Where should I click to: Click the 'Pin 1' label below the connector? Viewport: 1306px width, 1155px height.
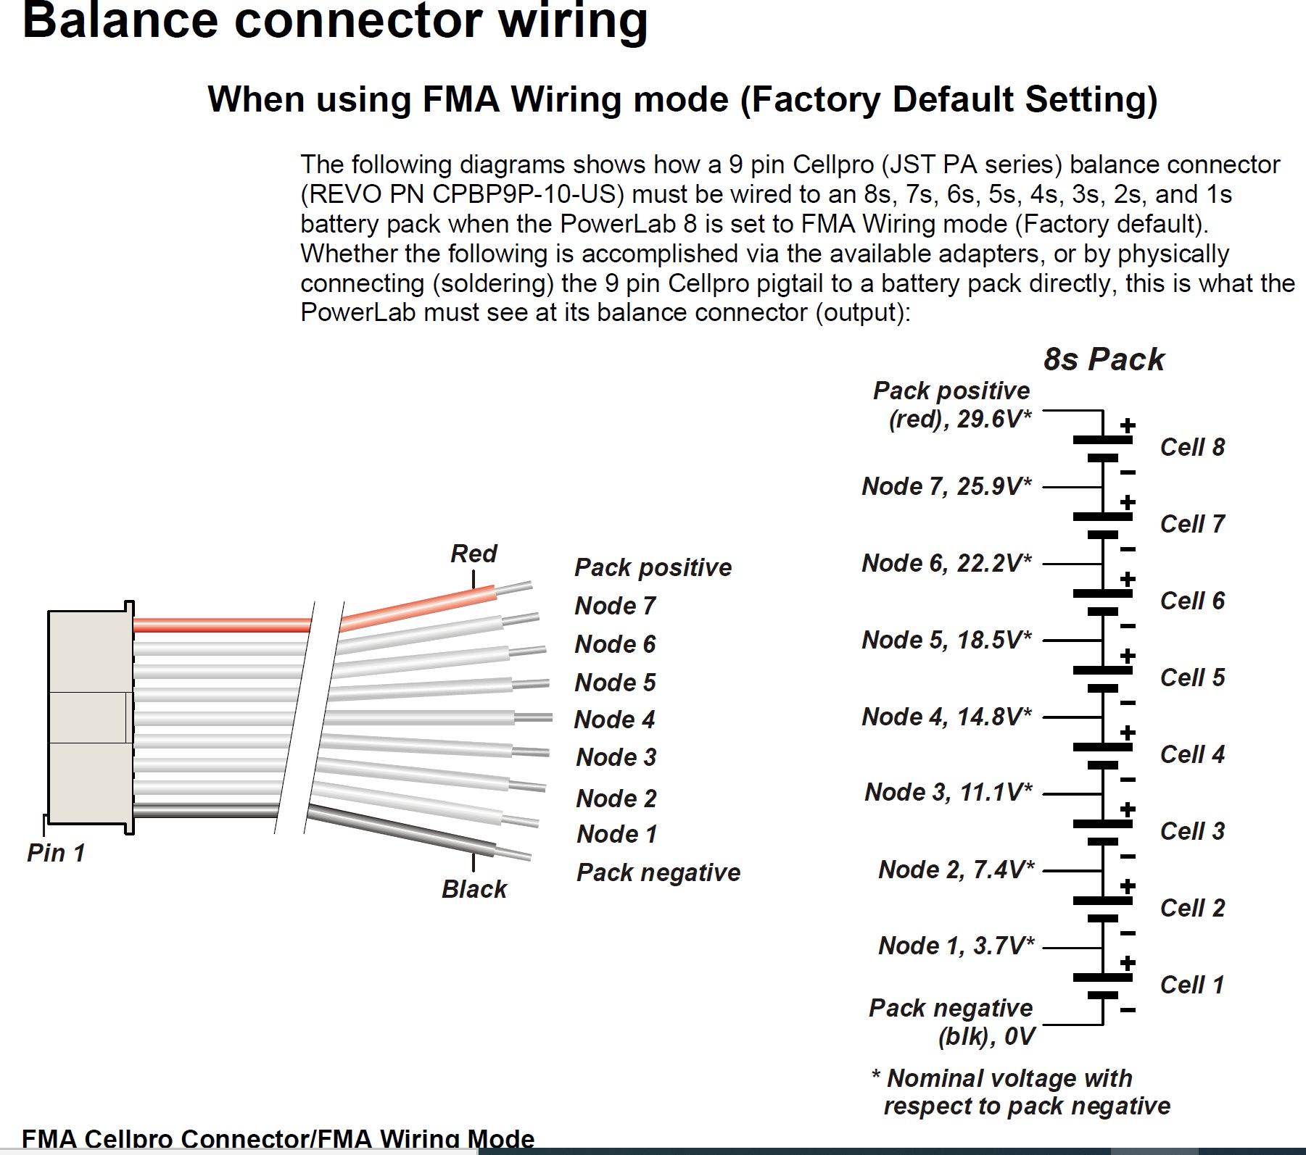click(56, 853)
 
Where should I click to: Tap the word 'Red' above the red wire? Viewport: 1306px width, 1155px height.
click(474, 554)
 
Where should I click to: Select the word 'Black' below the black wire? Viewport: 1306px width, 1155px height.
click(474, 889)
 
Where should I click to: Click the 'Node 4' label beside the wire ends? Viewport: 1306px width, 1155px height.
click(614, 720)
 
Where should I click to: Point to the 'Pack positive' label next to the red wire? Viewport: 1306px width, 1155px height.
click(653, 567)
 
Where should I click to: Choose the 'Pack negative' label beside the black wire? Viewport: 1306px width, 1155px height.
click(658, 872)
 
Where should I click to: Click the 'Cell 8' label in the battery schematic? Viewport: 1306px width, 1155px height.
click(1192, 447)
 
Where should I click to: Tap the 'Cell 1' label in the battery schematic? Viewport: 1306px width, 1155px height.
click(1192, 985)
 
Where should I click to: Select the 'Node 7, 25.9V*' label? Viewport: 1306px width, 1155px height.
click(946, 486)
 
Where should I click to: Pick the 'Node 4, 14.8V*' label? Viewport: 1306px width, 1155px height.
click(946, 717)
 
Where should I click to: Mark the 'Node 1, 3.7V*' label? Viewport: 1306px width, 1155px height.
click(956, 946)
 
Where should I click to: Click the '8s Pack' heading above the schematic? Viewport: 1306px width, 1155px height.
click(1103, 359)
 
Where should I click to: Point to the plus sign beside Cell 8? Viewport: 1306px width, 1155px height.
click(1128, 426)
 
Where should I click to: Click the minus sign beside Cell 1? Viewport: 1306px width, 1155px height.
click(1128, 1010)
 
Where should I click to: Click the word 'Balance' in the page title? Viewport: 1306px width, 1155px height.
click(120, 20)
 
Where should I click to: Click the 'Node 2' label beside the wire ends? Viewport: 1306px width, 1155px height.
click(616, 799)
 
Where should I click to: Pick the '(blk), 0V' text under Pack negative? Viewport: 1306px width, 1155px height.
click(985, 1037)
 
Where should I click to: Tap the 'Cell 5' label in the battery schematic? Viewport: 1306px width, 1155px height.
click(1192, 677)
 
